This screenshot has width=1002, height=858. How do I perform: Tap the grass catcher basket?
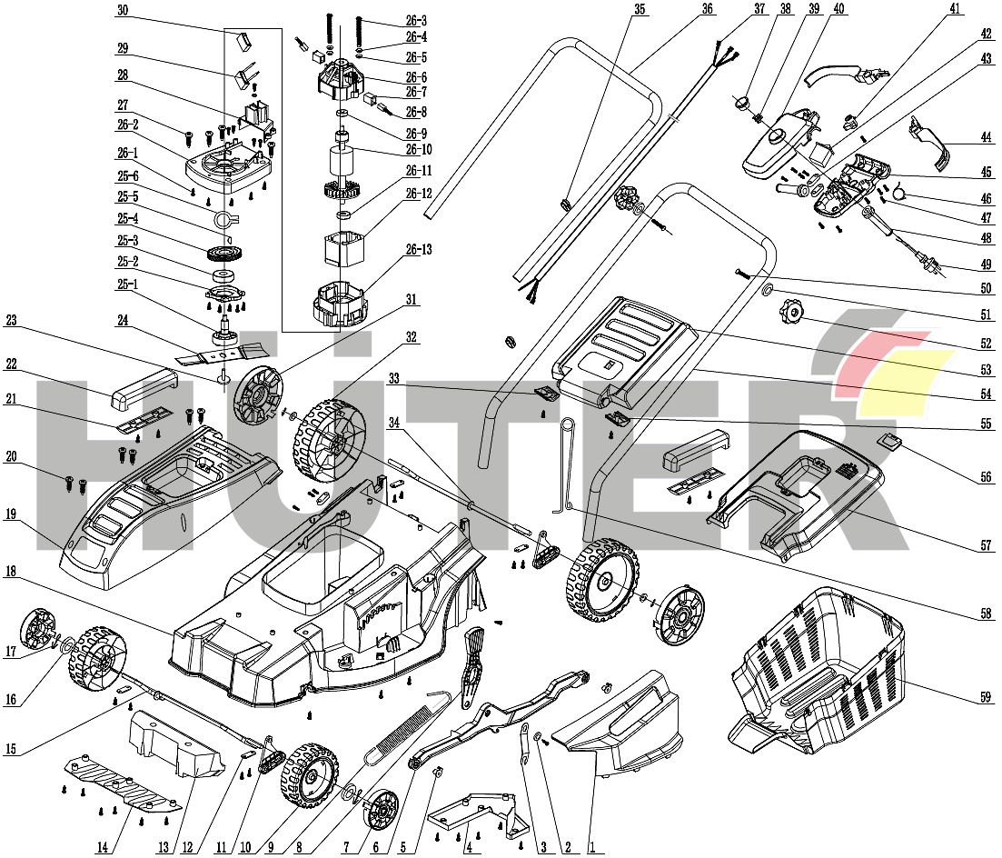click(x=818, y=668)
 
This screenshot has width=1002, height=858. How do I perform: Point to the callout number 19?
click(x=11, y=514)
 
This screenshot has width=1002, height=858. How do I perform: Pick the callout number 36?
click(x=708, y=9)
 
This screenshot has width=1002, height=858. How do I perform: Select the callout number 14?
click(x=103, y=848)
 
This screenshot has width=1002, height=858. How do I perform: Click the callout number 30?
click(x=123, y=9)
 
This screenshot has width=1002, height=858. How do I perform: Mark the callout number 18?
click(x=11, y=574)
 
